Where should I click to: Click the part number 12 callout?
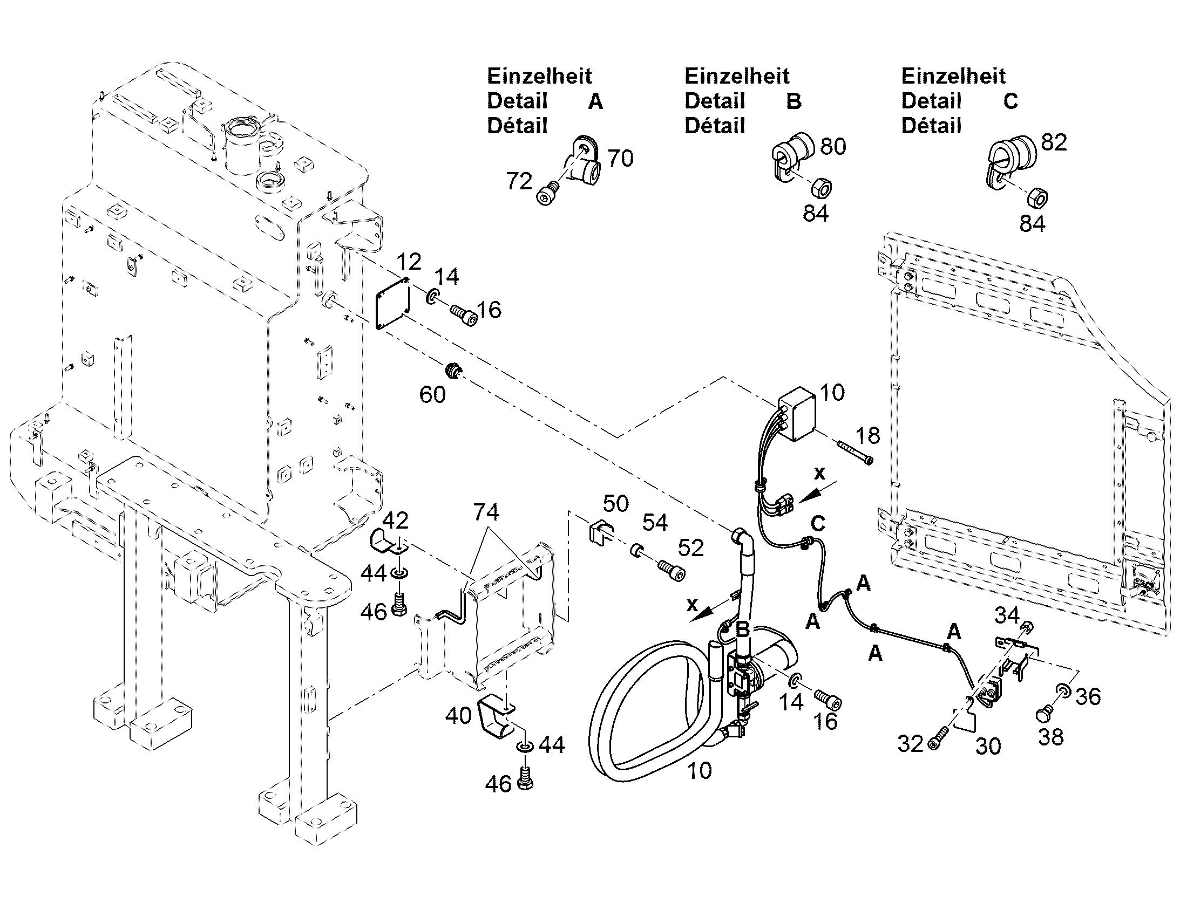pyautogui.click(x=409, y=262)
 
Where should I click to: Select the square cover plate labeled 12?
pyautogui.click(x=393, y=303)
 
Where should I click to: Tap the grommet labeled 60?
pyautogui.click(x=452, y=371)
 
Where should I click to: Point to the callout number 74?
pyautogui.click(x=486, y=512)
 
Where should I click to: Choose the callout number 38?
pyautogui.click(x=1050, y=737)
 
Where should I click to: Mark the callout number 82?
pyautogui.click(x=1054, y=142)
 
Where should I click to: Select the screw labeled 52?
pyautogui.click(x=671, y=570)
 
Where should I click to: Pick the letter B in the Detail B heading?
pyautogui.click(x=794, y=102)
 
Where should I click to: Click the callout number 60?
pyautogui.click(x=432, y=395)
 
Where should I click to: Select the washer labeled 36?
pyautogui.click(x=1062, y=691)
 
